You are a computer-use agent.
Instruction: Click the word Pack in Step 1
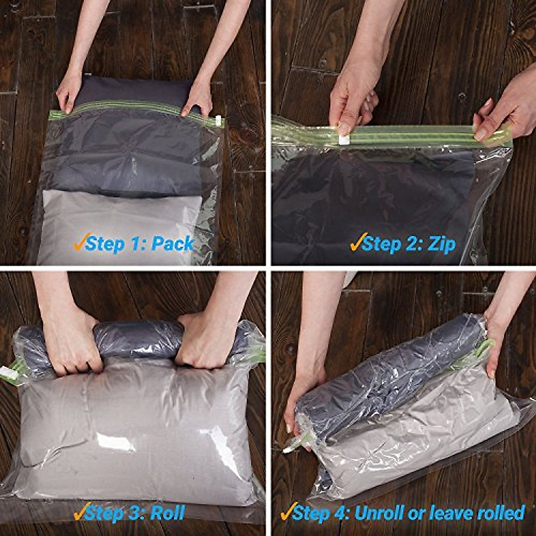(172, 244)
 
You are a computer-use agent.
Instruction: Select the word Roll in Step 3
(167, 512)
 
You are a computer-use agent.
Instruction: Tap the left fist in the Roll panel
(71, 344)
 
